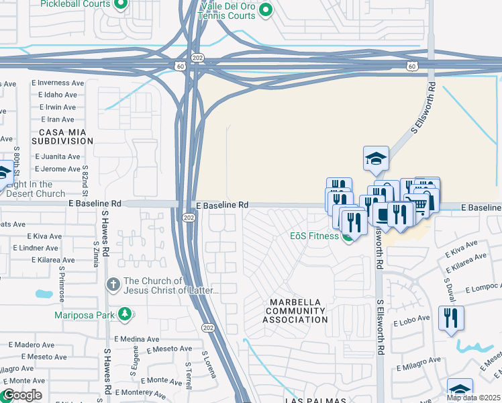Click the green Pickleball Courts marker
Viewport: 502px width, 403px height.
(121, 5)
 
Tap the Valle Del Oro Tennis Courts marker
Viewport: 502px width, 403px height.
(266, 10)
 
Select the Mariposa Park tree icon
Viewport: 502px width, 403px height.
(124, 314)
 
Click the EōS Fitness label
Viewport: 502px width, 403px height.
(315, 236)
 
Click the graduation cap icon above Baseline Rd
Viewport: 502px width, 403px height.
(376, 159)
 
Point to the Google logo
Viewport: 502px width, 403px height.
(21, 395)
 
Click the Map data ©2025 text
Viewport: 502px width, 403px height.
(473, 398)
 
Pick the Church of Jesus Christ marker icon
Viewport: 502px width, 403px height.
(113, 285)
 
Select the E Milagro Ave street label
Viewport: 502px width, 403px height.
(418, 359)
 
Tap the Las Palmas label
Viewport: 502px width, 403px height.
(315, 400)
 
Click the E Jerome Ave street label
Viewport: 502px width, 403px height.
(56, 168)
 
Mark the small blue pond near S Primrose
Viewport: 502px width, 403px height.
(44, 294)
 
